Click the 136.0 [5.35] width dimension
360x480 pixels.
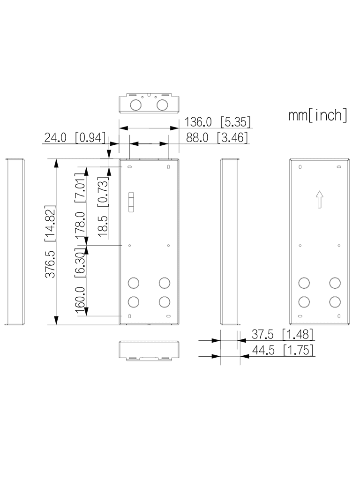click(x=218, y=122)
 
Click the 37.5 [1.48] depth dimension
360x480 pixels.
click(x=282, y=334)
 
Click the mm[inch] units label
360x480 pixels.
click(x=318, y=115)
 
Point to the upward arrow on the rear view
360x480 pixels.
click(x=319, y=199)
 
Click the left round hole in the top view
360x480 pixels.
click(x=136, y=104)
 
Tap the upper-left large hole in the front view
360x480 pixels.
click(x=134, y=283)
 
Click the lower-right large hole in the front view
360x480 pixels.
click(x=164, y=301)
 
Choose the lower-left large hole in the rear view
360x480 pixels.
click(x=304, y=301)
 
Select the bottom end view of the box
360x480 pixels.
click(x=149, y=350)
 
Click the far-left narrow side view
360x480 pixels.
click(x=15, y=242)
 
